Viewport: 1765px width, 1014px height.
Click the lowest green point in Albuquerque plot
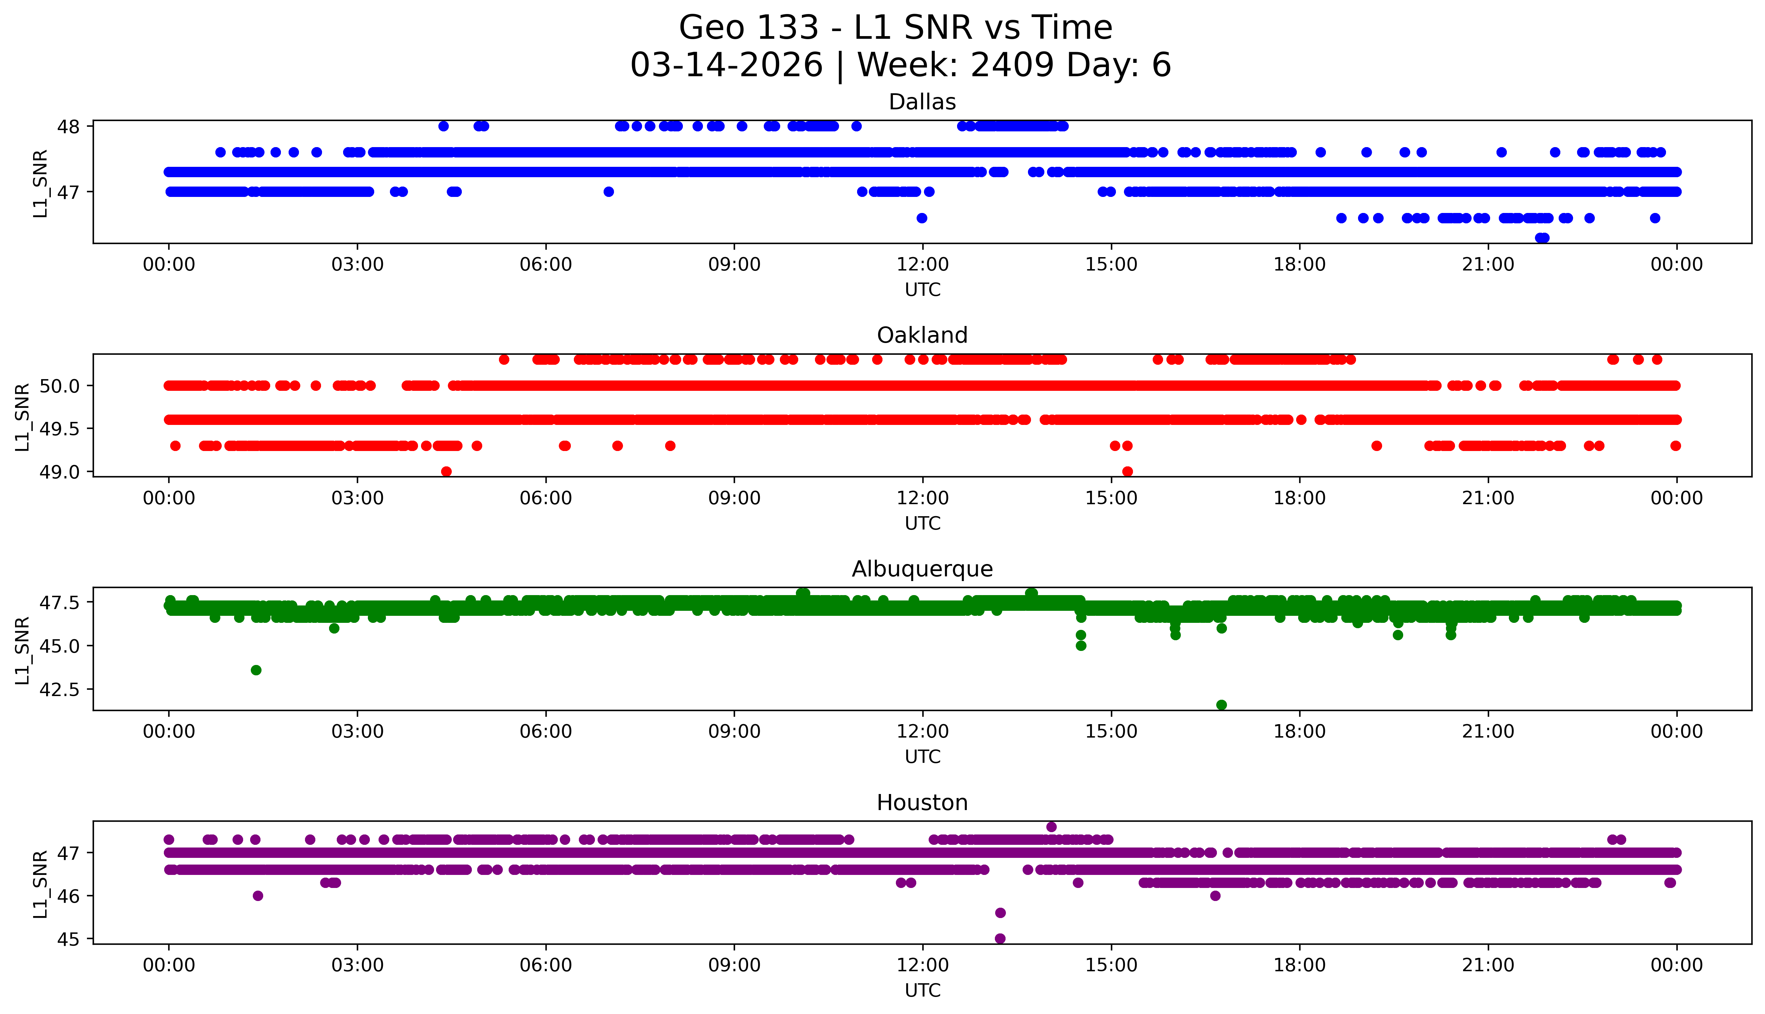[1221, 705]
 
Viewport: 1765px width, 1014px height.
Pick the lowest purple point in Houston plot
[1000, 938]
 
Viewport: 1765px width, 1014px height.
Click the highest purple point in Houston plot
[1051, 827]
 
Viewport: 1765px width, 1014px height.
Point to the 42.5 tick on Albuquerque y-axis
[59, 689]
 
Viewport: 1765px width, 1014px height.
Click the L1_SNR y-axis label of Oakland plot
[22, 417]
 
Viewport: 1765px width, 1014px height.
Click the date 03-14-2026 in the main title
[726, 66]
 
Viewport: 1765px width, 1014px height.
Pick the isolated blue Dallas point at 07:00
[608, 192]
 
